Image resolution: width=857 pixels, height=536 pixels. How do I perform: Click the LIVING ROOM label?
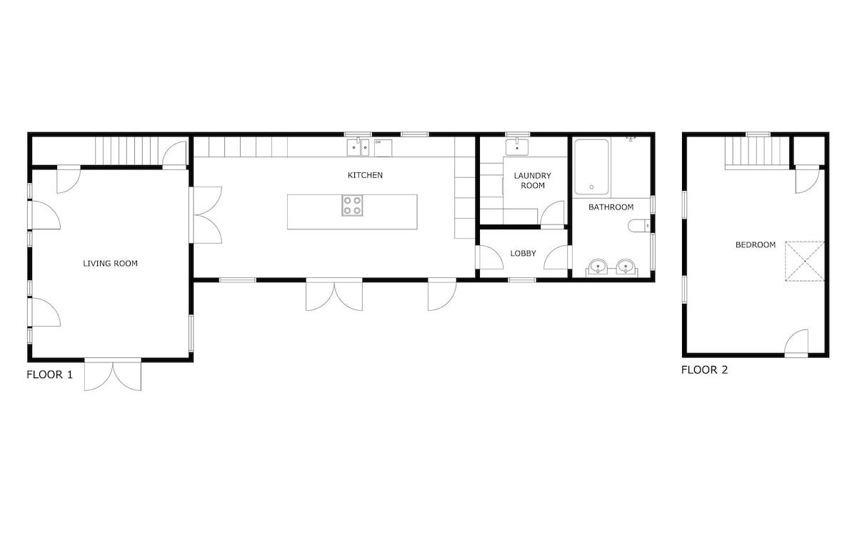tap(110, 264)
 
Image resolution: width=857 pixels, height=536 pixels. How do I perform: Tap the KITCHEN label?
tap(365, 175)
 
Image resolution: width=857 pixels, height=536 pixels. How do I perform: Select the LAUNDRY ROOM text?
tap(533, 180)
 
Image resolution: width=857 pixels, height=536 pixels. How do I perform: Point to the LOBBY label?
tap(523, 253)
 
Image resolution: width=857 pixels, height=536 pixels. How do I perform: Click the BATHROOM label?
tap(611, 207)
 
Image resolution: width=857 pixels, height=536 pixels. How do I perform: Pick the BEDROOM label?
tap(756, 244)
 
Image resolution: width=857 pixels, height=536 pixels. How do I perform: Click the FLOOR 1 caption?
tap(49, 374)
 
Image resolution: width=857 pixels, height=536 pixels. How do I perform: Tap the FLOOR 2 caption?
tap(704, 370)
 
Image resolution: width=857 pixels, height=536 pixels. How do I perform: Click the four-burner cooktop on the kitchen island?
tap(352, 206)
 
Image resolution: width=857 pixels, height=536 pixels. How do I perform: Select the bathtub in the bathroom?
tap(591, 167)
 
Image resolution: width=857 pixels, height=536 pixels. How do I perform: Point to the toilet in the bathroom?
tap(639, 226)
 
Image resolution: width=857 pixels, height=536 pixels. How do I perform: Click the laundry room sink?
tap(517, 147)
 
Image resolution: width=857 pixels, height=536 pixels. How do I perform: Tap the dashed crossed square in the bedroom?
tap(805, 261)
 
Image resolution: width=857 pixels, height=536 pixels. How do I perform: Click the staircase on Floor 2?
tap(757, 153)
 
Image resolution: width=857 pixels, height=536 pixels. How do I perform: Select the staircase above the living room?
tap(126, 151)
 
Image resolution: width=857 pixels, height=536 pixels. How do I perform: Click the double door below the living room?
tap(113, 374)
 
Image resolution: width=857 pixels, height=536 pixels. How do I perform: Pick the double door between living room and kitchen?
tap(206, 215)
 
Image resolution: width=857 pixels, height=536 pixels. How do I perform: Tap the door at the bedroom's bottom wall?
tap(796, 343)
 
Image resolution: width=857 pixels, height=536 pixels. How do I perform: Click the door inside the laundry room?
tap(552, 213)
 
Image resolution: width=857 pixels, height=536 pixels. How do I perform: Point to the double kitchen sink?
tap(358, 147)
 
